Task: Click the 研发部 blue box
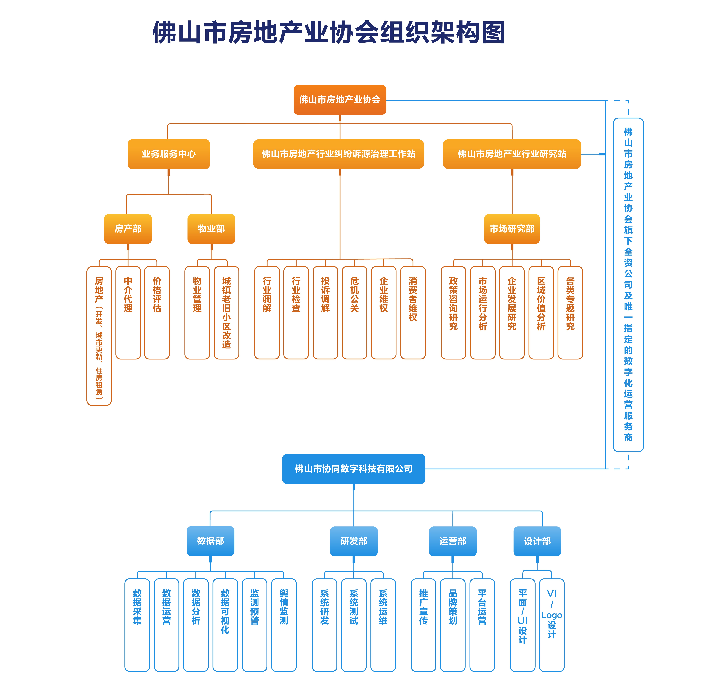354,541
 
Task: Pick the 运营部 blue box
453,541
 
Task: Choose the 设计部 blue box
537,541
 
